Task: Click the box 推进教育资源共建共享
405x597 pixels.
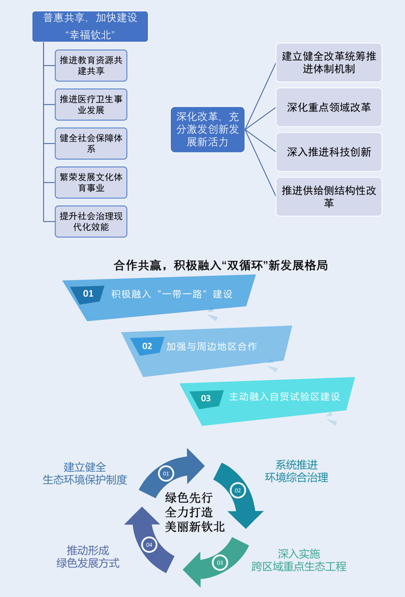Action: tap(91, 66)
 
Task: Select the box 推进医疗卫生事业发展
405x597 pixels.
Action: tap(91, 105)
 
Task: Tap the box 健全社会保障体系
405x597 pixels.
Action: tap(91, 143)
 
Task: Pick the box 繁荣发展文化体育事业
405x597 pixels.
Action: tap(91, 183)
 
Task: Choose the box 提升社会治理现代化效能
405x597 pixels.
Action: tap(91, 221)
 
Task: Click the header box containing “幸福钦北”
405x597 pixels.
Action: tap(90, 27)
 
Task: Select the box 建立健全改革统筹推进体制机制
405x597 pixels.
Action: tap(329, 63)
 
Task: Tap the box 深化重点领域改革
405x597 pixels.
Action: tap(329, 107)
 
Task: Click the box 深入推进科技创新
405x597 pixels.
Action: tap(329, 152)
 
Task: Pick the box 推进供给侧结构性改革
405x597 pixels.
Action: tap(329, 196)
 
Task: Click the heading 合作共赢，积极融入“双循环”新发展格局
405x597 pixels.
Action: tap(220, 265)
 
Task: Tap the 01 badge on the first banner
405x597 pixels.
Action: tap(88, 293)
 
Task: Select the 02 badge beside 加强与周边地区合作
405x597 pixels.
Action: tap(147, 346)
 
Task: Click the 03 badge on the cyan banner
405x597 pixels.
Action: tap(206, 398)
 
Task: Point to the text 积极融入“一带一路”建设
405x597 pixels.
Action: tap(172, 294)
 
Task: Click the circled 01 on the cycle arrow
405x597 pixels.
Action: tap(166, 474)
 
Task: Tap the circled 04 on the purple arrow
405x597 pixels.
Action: tap(149, 545)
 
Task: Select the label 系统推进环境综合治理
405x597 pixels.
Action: tap(297, 471)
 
